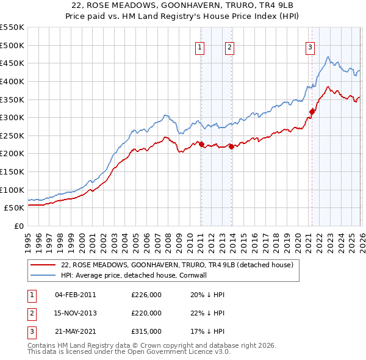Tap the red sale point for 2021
(x=312, y=111)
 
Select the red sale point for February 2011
(x=201, y=144)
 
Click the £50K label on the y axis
(x=14, y=207)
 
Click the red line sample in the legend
(x=42, y=265)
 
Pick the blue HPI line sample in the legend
(x=42, y=275)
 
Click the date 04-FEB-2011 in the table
(x=76, y=295)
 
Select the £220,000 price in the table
(x=146, y=313)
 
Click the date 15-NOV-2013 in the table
(x=76, y=313)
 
